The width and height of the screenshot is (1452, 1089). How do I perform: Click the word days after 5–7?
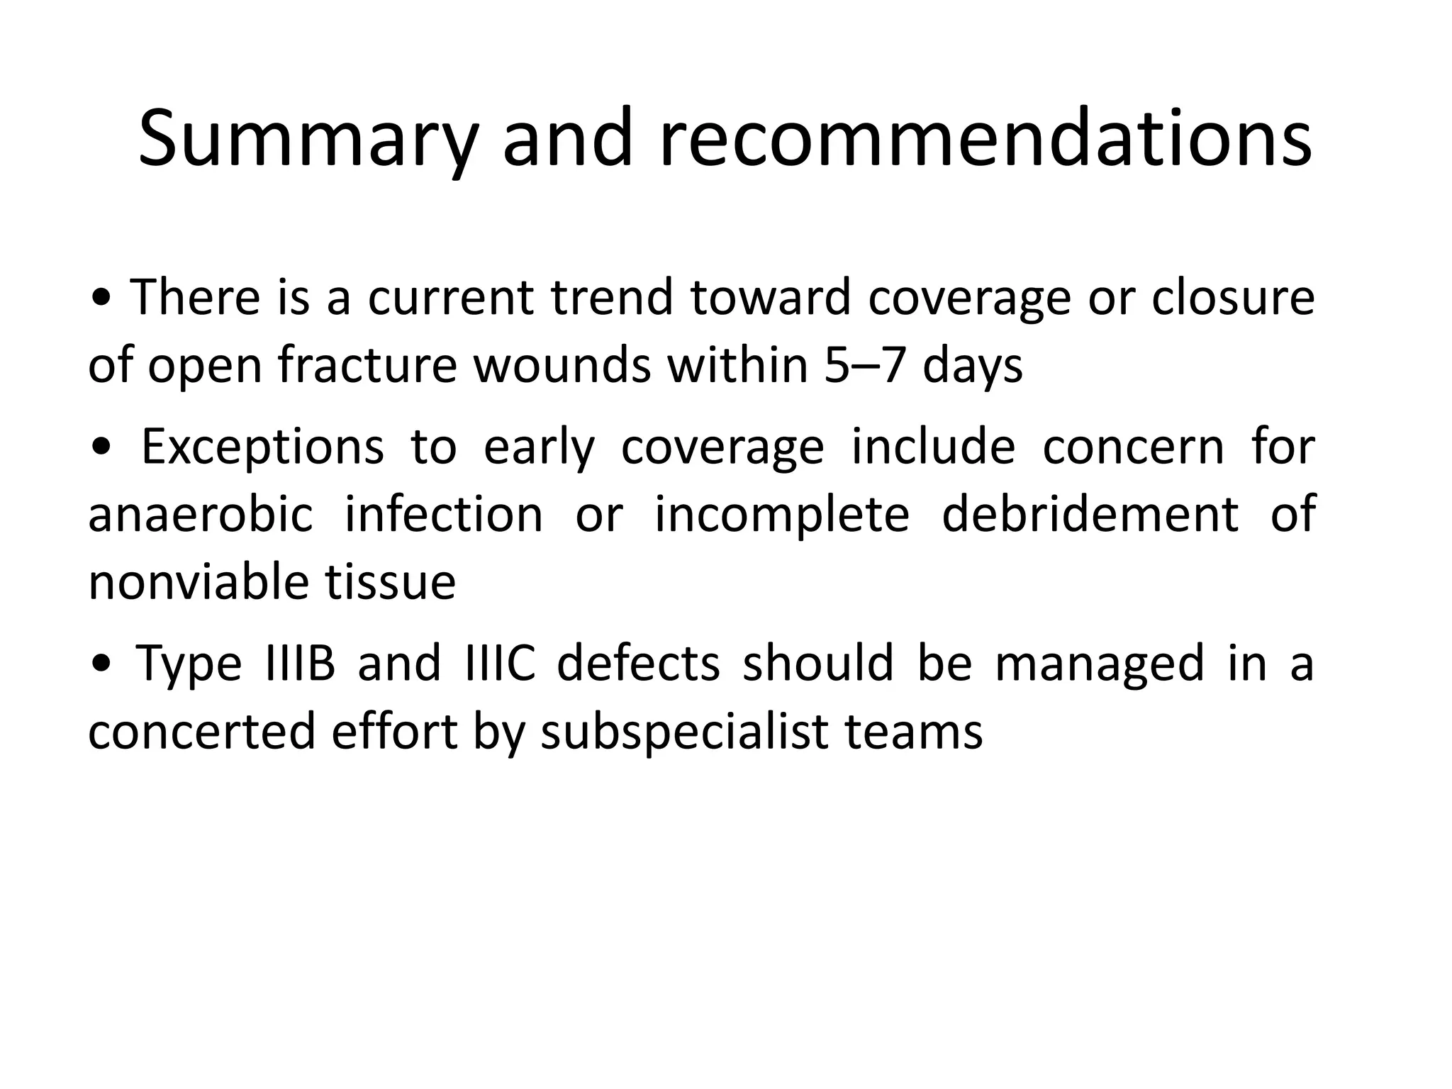click(x=973, y=366)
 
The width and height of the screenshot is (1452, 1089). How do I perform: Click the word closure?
click(x=1233, y=298)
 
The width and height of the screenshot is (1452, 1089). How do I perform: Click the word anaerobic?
click(x=201, y=515)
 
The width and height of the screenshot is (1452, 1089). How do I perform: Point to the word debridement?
click(x=1090, y=515)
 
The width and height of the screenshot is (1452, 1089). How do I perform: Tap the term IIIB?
click(x=298, y=664)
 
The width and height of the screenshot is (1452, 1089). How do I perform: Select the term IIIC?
click(x=500, y=664)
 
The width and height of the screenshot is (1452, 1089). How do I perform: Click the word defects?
click(x=638, y=664)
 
